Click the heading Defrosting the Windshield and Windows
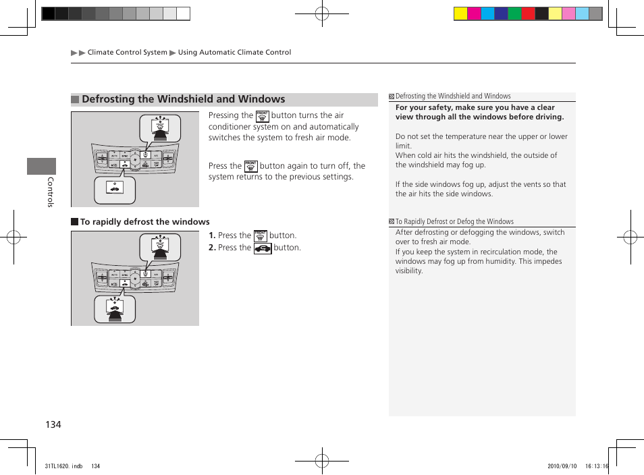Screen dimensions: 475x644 pyautogui.click(x=183, y=99)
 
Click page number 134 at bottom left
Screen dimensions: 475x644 pyautogui.click(x=54, y=424)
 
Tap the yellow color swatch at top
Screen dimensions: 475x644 pyautogui.click(x=460, y=13)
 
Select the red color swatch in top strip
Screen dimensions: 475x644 pyautogui.click(x=528, y=13)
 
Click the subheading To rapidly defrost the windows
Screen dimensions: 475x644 pyautogui.click(x=144, y=221)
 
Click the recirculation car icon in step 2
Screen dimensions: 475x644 pyautogui.click(x=263, y=248)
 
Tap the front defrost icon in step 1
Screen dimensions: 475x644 pyautogui.click(x=261, y=236)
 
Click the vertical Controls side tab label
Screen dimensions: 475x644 pyautogui.click(x=50, y=192)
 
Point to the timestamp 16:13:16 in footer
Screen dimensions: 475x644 pyautogui.click(x=597, y=466)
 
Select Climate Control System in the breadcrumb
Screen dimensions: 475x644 pyautogui.click(x=127, y=52)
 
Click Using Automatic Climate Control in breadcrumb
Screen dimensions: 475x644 pyautogui.click(x=234, y=52)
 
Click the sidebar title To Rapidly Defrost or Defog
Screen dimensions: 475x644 pyautogui.click(x=454, y=221)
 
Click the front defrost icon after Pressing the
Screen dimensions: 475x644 pyautogui.click(x=263, y=116)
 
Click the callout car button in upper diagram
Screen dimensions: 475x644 pyautogui.click(x=114, y=190)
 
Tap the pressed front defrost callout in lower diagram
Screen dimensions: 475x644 pyautogui.click(x=160, y=248)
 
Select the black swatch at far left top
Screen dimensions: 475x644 pyautogui.click(x=48, y=13)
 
